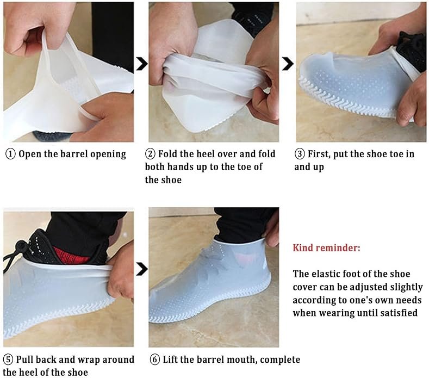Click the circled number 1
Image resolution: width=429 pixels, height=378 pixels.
click(10, 154)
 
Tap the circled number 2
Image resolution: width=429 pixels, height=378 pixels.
click(150, 154)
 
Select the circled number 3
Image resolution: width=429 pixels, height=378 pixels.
click(300, 154)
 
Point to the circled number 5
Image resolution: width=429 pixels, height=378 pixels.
click(8, 360)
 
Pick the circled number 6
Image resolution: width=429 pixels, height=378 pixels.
click(155, 360)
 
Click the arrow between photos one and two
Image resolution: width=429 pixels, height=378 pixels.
click(142, 64)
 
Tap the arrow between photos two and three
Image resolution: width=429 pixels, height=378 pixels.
click(288, 64)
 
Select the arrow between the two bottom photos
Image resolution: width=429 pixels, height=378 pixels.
click(142, 269)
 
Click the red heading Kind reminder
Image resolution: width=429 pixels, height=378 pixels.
click(326, 248)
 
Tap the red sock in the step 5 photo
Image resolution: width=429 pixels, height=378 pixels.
click(70, 256)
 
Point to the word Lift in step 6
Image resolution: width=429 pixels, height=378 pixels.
click(170, 360)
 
